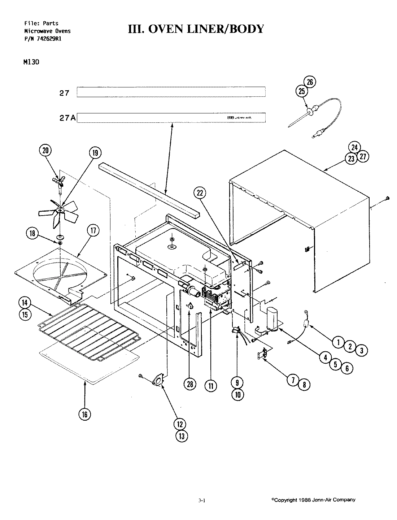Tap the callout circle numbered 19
95,153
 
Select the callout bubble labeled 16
84,414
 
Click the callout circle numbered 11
210,386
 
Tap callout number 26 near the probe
310,82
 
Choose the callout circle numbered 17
93,231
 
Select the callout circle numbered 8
304,385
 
